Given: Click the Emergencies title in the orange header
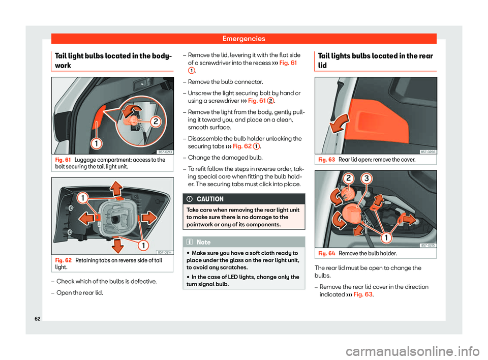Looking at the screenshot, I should tap(243, 38).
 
